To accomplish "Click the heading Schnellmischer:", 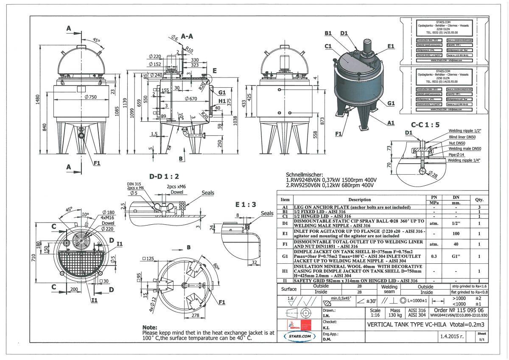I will (305, 175).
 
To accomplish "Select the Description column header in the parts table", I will (359, 199).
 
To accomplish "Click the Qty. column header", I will (479, 199).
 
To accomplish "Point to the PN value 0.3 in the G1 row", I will (433, 256).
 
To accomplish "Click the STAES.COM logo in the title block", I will (299, 336).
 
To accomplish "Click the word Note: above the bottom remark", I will (150, 327).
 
